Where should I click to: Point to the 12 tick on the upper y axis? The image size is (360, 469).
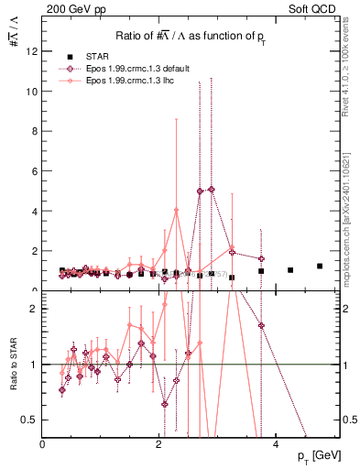[x=31, y=51]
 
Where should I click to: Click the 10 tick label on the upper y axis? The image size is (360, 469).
[x=31, y=92]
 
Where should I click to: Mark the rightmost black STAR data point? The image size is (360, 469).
[x=320, y=266]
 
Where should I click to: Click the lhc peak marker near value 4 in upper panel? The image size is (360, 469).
[x=177, y=210]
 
